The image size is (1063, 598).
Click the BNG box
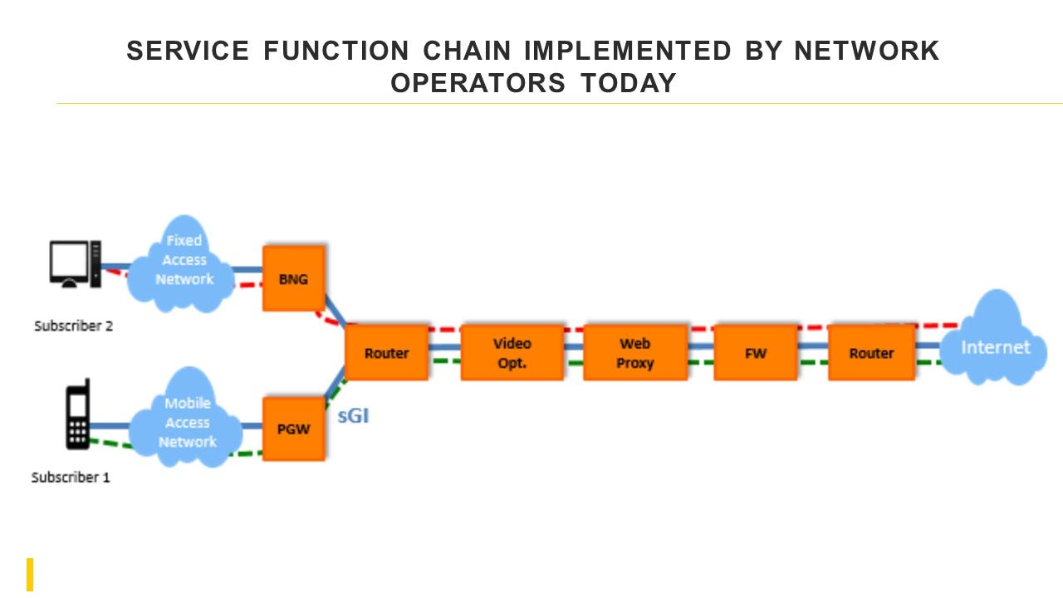(293, 278)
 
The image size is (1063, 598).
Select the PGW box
(293, 429)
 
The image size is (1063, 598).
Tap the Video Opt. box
(512, 353)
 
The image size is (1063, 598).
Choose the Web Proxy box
(635, 353)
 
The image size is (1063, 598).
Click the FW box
(755, 353)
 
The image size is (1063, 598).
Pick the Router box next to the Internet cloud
(871, 353)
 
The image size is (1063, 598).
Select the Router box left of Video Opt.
(386, 353)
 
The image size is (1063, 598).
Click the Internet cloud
(994, 346)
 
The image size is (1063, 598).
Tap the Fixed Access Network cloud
(184, 261)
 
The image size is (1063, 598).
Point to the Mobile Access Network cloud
(187, 422)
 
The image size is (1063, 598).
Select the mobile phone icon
(78, 414)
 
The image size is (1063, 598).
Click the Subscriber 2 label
(73, 326)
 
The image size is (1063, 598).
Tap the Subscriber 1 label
(71, 478)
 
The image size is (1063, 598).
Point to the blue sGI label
(353, 416)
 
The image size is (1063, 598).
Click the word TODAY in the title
(629, 83)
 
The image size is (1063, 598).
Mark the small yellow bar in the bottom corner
(30, 575)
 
